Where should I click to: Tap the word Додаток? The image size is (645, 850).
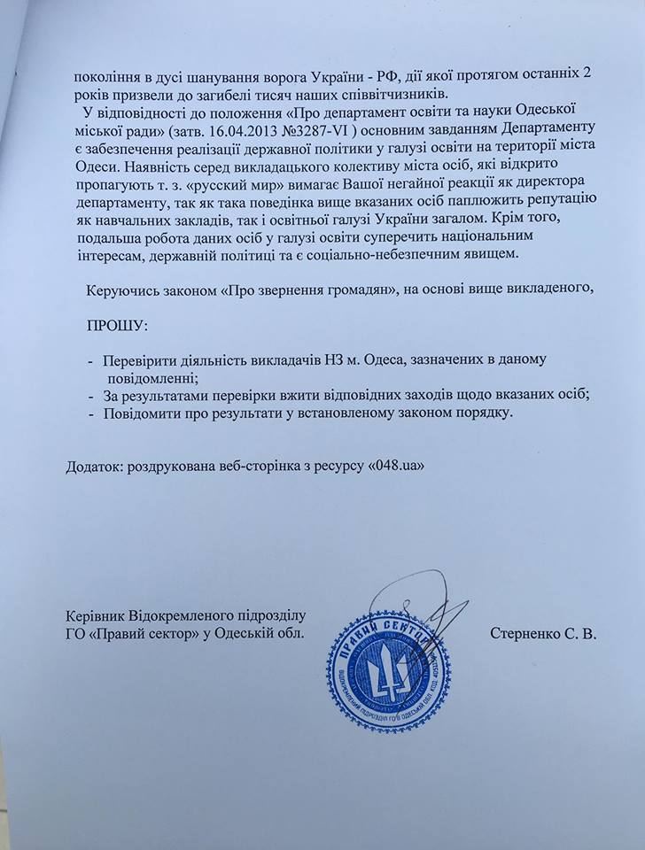coord(96,467)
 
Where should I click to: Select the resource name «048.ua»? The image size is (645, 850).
coord(403,467)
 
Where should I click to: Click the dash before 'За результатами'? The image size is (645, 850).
coord(90,396)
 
